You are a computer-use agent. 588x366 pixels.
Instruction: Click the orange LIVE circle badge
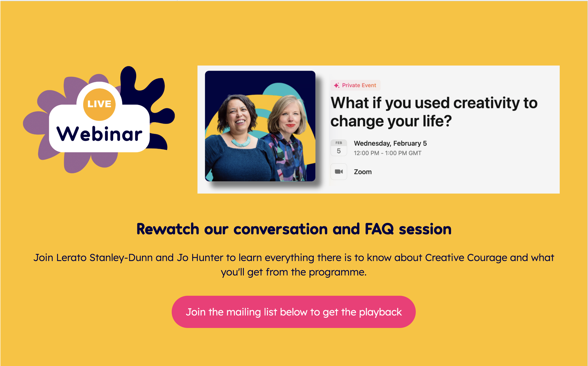tap(99, 104)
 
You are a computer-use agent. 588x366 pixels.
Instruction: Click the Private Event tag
tap(355, 85)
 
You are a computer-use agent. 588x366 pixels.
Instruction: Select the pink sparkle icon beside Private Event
tap(337, 85)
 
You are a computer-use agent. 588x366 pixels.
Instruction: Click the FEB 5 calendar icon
tap(339, 148)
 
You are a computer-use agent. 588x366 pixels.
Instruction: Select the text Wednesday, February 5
tap(390, 143)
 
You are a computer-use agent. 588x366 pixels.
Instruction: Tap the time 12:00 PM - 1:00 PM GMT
tap(387, 153)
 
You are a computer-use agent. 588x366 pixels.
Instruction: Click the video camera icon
tap(339, 172)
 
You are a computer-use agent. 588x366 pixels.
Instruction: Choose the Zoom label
tap(363, 172)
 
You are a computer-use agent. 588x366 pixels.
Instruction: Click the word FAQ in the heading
tap(379, 229)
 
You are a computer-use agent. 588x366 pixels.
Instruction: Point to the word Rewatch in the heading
tap(168, 229)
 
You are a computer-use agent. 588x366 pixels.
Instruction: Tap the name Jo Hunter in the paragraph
tap(200, 258)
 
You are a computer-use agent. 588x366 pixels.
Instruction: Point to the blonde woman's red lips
tap(290, 125)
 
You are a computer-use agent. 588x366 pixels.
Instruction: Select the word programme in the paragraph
tap(338, 272)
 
